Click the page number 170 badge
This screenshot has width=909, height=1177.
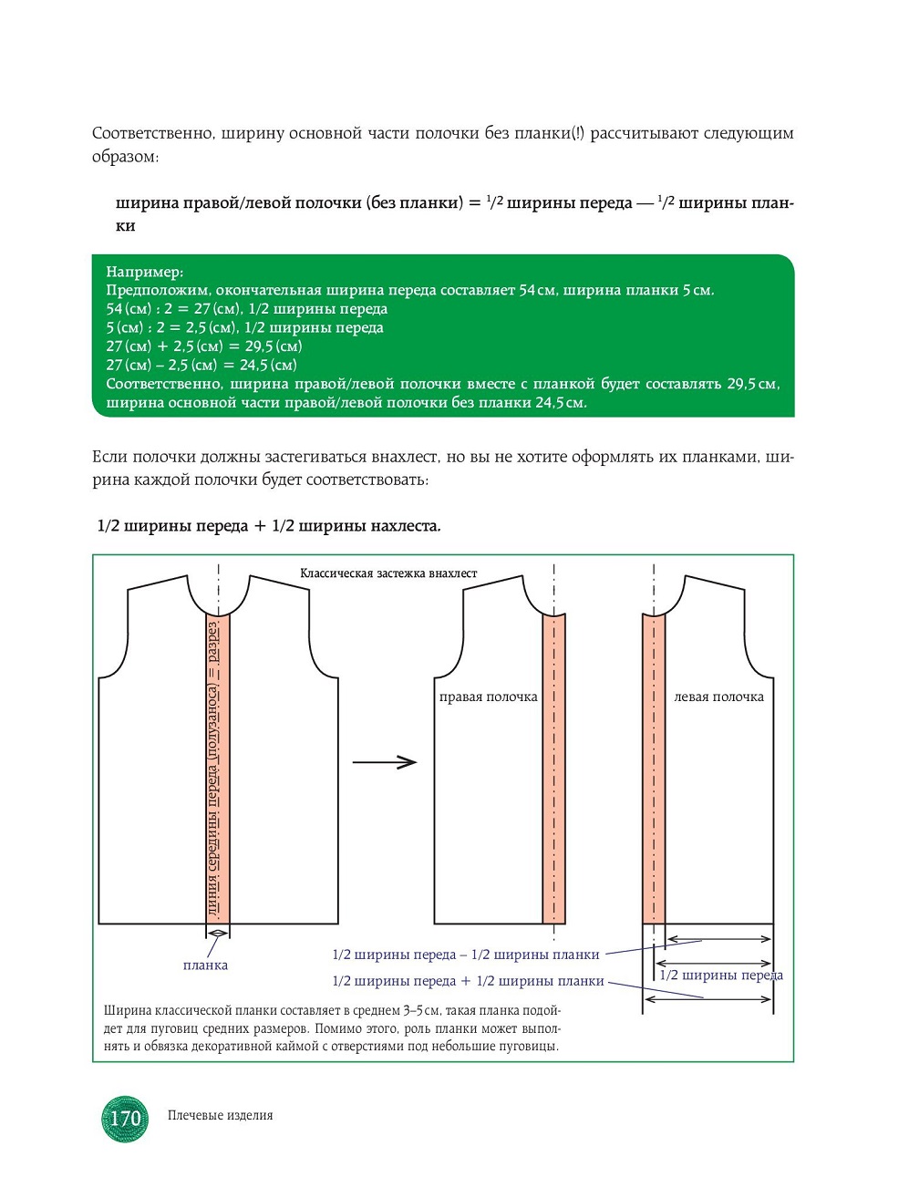coord(125,1118)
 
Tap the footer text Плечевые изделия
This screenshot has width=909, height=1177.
coord(220,1115)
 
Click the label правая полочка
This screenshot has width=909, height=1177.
coord(488,697)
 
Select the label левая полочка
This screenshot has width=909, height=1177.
coord(718,697)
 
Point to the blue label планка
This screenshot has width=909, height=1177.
coord(205,965)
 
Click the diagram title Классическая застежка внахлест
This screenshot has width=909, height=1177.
coord(388,573)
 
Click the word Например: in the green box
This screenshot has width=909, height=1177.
coord(144,272)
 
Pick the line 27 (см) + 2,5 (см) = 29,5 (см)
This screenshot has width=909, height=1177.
coord(203,346)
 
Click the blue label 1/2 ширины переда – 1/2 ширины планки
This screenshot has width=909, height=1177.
coord(465,955)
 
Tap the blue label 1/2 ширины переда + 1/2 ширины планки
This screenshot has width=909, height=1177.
coord(468,981)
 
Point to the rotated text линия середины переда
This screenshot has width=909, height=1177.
coord(213,802)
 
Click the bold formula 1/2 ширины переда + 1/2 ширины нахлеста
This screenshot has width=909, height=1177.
coord(269,526)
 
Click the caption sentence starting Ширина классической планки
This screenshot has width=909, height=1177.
coord(333,1010)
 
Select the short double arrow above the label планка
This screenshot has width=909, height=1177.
coord(218,932)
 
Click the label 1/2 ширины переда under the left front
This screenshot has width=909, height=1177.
coord(720,975)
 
